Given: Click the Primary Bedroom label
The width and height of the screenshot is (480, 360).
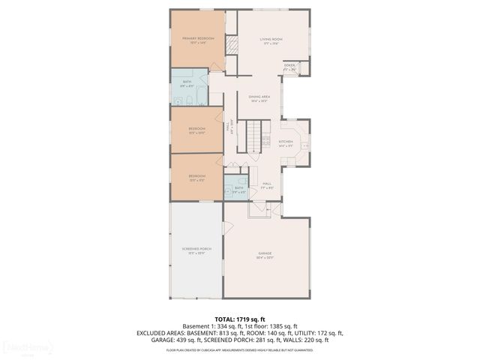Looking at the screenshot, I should tap(198, 39).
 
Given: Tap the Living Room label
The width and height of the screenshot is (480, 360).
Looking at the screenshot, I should tap(270, 40).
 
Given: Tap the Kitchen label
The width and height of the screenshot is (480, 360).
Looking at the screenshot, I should tap(286, 144).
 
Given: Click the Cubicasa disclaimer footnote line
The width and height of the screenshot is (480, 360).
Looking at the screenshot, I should tap(240, 349).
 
